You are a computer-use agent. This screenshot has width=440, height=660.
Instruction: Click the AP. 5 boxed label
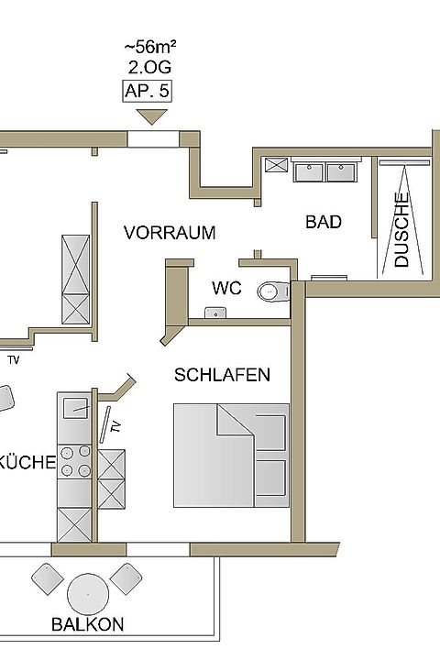[147, 91]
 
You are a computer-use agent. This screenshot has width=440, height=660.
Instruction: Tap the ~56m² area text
[150, 47]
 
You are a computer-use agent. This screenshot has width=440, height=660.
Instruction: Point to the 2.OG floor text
[150, 67]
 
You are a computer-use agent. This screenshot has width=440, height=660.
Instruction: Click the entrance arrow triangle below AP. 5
[151, 116]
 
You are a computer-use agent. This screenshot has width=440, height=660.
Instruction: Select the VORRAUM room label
[170, 233]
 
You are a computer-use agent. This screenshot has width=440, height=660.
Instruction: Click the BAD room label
[324, 222]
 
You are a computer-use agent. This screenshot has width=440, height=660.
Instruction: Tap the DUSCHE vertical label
[401, 230]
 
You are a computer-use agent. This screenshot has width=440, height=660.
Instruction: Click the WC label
[226, 288]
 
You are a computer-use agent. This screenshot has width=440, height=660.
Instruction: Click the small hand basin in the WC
[215, 313]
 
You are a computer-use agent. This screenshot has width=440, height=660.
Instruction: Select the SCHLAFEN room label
[222, 375]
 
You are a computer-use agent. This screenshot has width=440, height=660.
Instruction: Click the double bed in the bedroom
[231, 456]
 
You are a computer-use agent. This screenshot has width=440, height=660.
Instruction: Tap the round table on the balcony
[88, 594]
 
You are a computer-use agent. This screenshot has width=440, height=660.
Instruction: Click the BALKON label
[88, 624]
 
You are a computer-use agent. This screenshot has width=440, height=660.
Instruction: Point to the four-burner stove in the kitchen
[75, 461]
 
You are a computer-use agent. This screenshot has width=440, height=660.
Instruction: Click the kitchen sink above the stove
[76, 408]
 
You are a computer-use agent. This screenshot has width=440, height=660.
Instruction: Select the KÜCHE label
[27, 462]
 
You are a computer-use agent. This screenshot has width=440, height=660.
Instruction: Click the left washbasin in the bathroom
[309, 172]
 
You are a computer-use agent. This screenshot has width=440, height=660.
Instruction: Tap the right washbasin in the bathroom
[341, 172]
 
